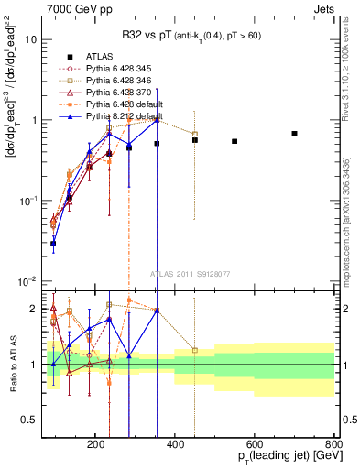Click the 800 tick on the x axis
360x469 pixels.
pyautogui.click(x=333, y=443)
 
